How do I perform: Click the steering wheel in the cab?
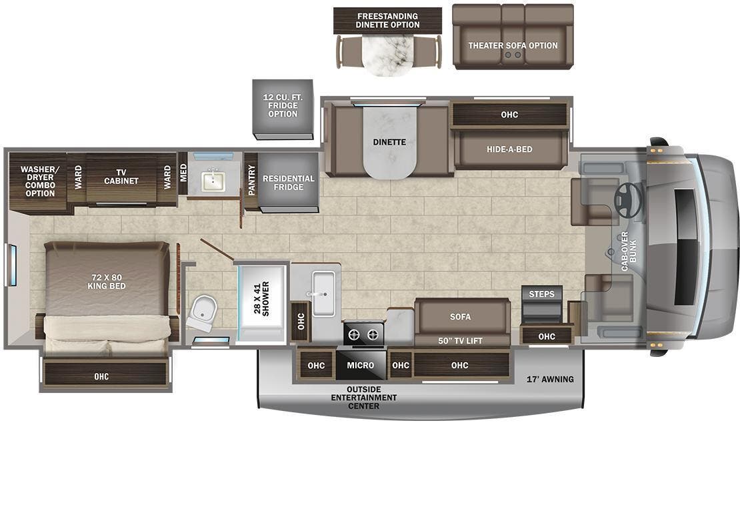click(627, 195)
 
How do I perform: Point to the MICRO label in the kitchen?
click(360, 365)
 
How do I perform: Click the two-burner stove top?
click(363, 333)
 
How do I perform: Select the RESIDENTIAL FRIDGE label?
click(288, 183)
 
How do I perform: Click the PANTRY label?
click(251, 179)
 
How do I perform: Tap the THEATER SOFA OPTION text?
click(513, 45)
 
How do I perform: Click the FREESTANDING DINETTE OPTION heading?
click(387, 20)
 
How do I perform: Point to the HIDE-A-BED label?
click(509, 149)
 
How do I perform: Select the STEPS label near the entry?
click(541, 294)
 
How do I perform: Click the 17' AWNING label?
click(550, 379)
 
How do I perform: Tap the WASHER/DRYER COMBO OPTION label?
click(39, 181)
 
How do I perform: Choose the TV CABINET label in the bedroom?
click(121, 176)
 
